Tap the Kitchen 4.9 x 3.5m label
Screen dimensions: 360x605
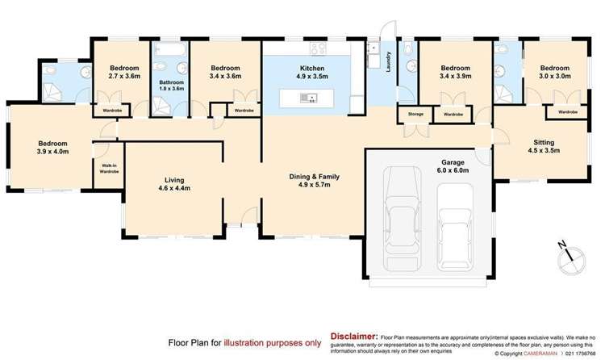[x=312, y=73]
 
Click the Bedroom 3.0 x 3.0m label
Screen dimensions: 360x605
[x=556, y=73]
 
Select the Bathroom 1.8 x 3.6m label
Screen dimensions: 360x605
[x=172, y=86]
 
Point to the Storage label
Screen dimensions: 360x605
[x=415, y=115]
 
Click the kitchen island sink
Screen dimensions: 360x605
[x=309, y=98]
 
